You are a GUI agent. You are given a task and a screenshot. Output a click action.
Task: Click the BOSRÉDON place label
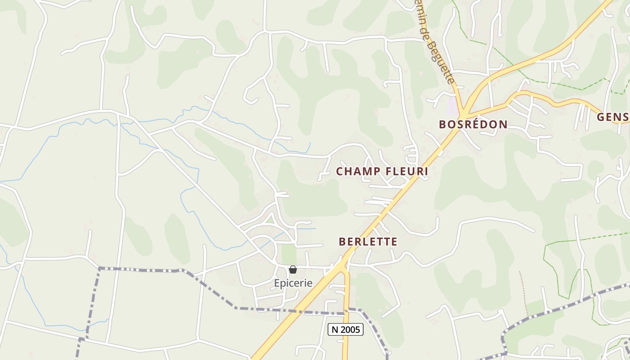(x=473, y=125)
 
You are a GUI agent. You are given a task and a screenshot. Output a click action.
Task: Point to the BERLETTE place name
(x=368, y=242)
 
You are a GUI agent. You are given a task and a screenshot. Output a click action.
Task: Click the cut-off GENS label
(x=613, y=117)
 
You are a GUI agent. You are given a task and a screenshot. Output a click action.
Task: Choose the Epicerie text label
(x=293, y=283)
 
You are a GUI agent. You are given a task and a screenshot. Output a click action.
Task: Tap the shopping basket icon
(x=293, y=270)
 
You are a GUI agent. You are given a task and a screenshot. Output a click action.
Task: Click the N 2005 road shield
(x=346, y=329)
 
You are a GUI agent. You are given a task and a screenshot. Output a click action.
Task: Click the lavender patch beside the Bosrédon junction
(x=453, y=106)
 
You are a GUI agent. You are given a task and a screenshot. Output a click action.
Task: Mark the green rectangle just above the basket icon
(x=289, y=254)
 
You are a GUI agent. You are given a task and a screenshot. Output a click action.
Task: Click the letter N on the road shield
(x=335, y=329)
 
